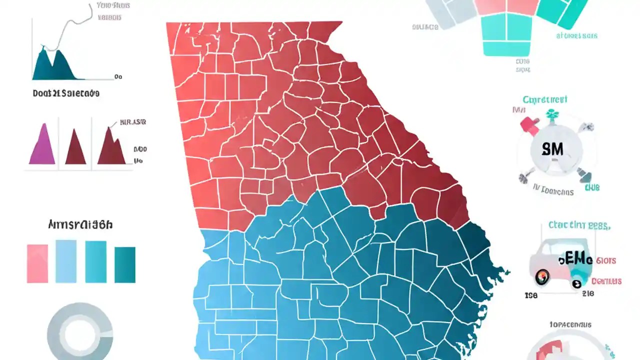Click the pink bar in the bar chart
coord(37,263)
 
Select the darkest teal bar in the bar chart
coord(125,264)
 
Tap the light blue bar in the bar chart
coord(66,261)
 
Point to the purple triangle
coord(42,145)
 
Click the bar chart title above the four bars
coord(80,225)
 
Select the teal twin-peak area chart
coord(54,65)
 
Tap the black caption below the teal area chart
coord(66,93)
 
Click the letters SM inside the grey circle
coord(552,149)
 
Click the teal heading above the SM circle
coord(545,99)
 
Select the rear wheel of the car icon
coord(576,283)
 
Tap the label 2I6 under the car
coord(588,294)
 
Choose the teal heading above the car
coord(579,225)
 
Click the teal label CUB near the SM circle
coord(592,188)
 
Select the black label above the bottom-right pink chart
coord(570,324)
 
